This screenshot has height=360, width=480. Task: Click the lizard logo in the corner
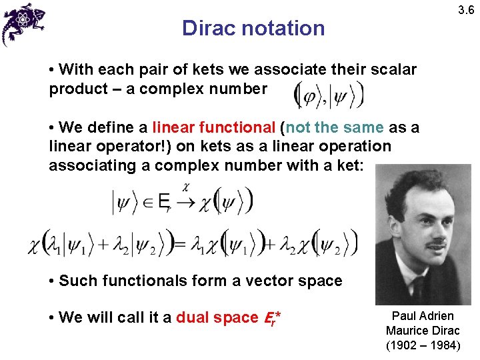[x=23, y=23]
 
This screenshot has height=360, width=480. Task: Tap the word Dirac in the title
[x=208, y=28]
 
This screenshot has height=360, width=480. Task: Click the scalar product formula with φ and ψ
[x=329, y=95]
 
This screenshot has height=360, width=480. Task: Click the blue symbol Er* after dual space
[x=268, y=318]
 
